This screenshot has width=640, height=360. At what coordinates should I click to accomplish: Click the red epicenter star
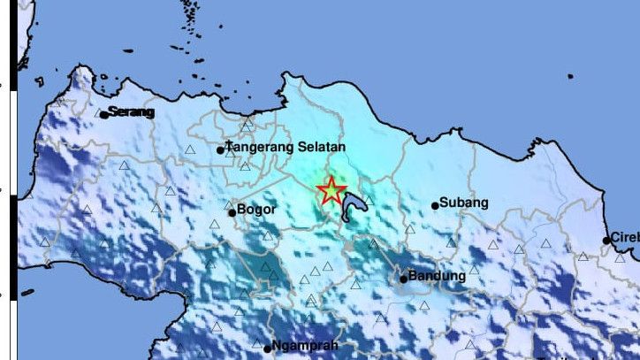click(331, 190)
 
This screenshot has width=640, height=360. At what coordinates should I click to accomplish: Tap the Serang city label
click(131, 112)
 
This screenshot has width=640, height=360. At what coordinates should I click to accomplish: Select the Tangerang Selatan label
click(286, 148)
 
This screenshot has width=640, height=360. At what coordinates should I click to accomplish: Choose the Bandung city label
click(437, 277)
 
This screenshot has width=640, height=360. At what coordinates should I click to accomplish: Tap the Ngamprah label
click(306, 346)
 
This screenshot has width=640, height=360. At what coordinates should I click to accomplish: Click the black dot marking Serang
click(103, 114)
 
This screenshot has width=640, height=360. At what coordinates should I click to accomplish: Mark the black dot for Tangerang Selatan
click(221, 150)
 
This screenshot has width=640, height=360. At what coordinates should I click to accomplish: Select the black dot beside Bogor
click(232, 212)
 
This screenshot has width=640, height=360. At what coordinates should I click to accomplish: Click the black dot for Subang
click(435, 206)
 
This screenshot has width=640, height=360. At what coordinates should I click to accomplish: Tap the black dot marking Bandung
click(403, 279)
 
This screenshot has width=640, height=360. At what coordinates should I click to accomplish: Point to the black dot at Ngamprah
click(267, 348)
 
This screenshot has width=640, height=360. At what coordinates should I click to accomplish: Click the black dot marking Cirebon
click(607, 240)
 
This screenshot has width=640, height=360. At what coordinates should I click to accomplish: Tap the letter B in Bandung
click(413, 277)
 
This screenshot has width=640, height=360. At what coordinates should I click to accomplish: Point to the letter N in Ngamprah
click(278, 346)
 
